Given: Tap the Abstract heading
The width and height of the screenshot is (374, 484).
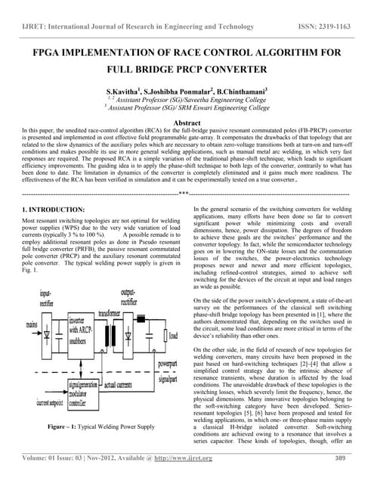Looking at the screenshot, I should click(187, 122).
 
